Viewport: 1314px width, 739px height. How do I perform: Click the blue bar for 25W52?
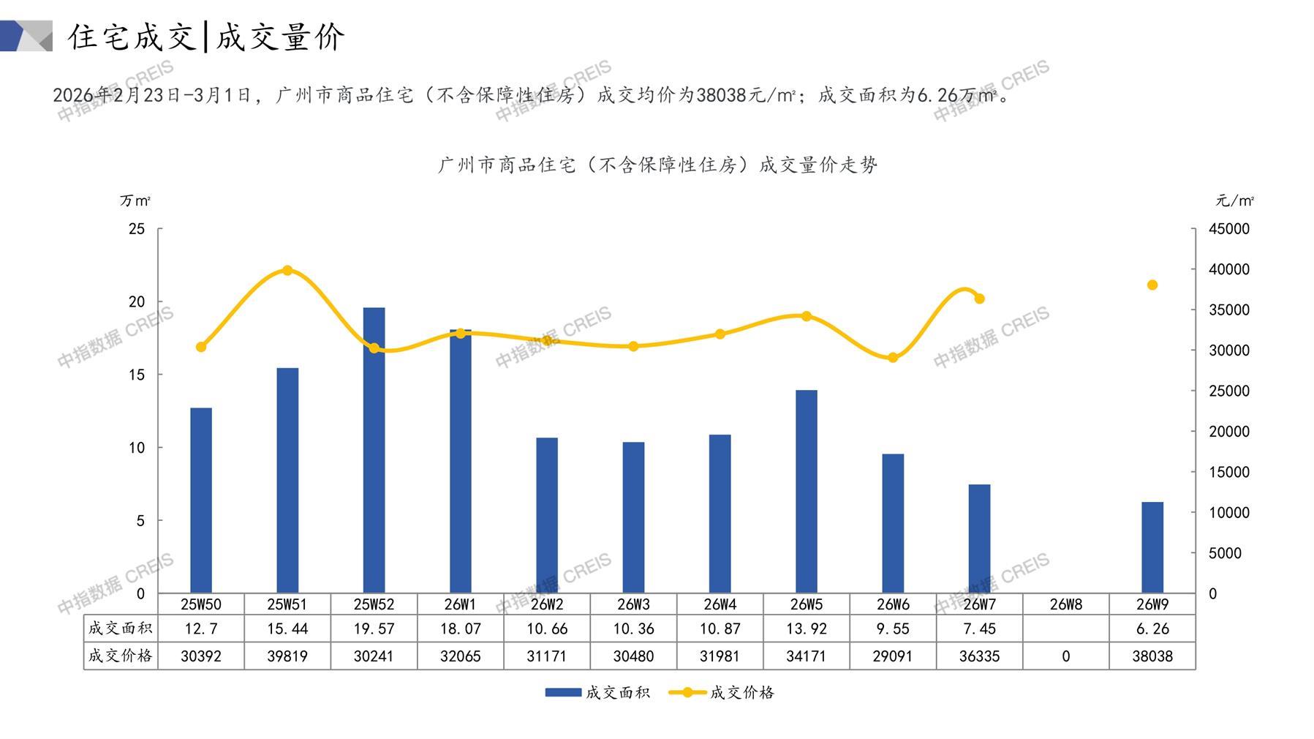click(374, 450)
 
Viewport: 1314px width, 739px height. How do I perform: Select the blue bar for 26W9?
click(1152, 547)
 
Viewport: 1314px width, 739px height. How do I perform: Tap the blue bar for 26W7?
click(979, 539)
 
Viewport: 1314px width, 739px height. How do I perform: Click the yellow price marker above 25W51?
click(287, 271)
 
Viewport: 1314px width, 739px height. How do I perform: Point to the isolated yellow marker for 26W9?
click(1152, 285)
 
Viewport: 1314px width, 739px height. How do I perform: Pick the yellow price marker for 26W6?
click(893, 358)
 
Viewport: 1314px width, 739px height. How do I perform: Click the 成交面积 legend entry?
click(597, 692)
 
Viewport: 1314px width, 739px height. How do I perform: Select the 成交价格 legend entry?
click(722, 692)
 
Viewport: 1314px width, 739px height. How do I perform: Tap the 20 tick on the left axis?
click(137, 301)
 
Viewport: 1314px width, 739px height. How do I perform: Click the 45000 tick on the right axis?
click(1229, 229)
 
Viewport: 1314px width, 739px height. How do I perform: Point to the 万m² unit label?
click(135, 200)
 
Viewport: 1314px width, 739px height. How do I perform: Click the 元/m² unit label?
click(1234, 200)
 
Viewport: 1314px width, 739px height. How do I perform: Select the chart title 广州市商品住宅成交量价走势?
click(657, 165)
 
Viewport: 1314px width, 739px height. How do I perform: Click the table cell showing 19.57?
click(374, 629)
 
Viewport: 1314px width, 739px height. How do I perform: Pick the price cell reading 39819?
click(287, 656)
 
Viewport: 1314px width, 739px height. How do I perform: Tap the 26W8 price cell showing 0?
click(1065, 656)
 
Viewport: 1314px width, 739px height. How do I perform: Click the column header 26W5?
click(806, 604)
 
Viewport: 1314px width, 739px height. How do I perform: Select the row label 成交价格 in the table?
click(121, 656)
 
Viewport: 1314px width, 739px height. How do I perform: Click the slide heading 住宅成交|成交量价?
click(206, 37)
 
